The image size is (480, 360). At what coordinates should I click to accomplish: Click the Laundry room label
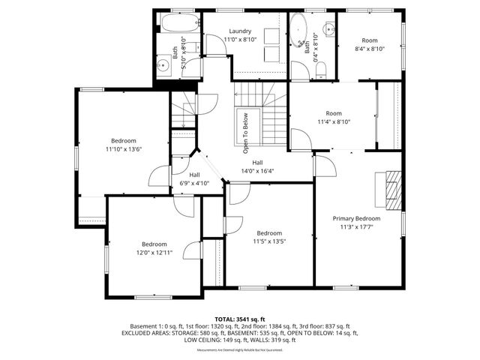(x=240, y=31)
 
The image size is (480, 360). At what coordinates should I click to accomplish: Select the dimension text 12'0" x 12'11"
(x=154, y=253)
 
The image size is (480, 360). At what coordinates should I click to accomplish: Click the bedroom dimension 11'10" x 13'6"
(x=124, y=149)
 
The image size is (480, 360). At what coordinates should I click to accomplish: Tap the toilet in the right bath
(x=320, y=70)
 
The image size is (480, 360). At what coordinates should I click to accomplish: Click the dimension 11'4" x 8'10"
(x=334, y=121)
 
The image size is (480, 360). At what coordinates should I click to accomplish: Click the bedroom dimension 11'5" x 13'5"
(x=269, y=241)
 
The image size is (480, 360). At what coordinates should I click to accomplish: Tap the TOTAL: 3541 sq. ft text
(x=240, y=319)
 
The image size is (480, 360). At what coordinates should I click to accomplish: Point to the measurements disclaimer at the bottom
(x=240, y=350)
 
